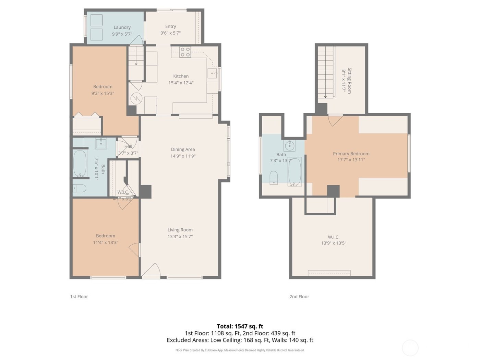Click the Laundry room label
pos(122,27)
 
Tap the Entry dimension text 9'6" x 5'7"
pos(170,33)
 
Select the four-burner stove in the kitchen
pos(185,52)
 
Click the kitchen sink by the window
pos(212,73)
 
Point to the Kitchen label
pos(181,76)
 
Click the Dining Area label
pos(183,149)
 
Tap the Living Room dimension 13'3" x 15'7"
pos(180,237)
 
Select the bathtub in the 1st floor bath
pos(80,164)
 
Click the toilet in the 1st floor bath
pos(79,188)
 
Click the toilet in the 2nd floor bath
pos(274,177)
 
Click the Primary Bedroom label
pos(351,154)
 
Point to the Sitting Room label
pos(349,81)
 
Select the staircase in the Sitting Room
pos(325,72)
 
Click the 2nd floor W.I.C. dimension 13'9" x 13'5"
pos(334,243)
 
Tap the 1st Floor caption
pos(79,297)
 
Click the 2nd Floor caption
pos(299,297)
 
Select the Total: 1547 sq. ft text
pos(240,326)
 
